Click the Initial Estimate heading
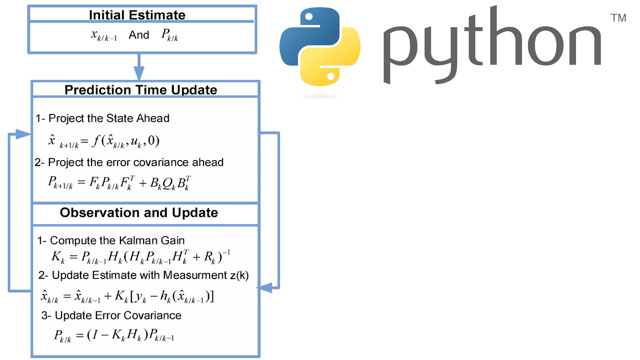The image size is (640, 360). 137,15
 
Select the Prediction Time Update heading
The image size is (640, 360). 140,90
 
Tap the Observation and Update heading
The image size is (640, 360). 139,212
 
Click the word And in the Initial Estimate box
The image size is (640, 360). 139,35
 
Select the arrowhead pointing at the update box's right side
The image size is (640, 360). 264,287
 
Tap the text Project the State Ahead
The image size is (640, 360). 109,118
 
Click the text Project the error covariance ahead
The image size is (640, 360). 135,162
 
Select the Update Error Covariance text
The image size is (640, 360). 118,315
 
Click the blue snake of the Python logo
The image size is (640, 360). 305,38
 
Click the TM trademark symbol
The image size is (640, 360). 618,18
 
